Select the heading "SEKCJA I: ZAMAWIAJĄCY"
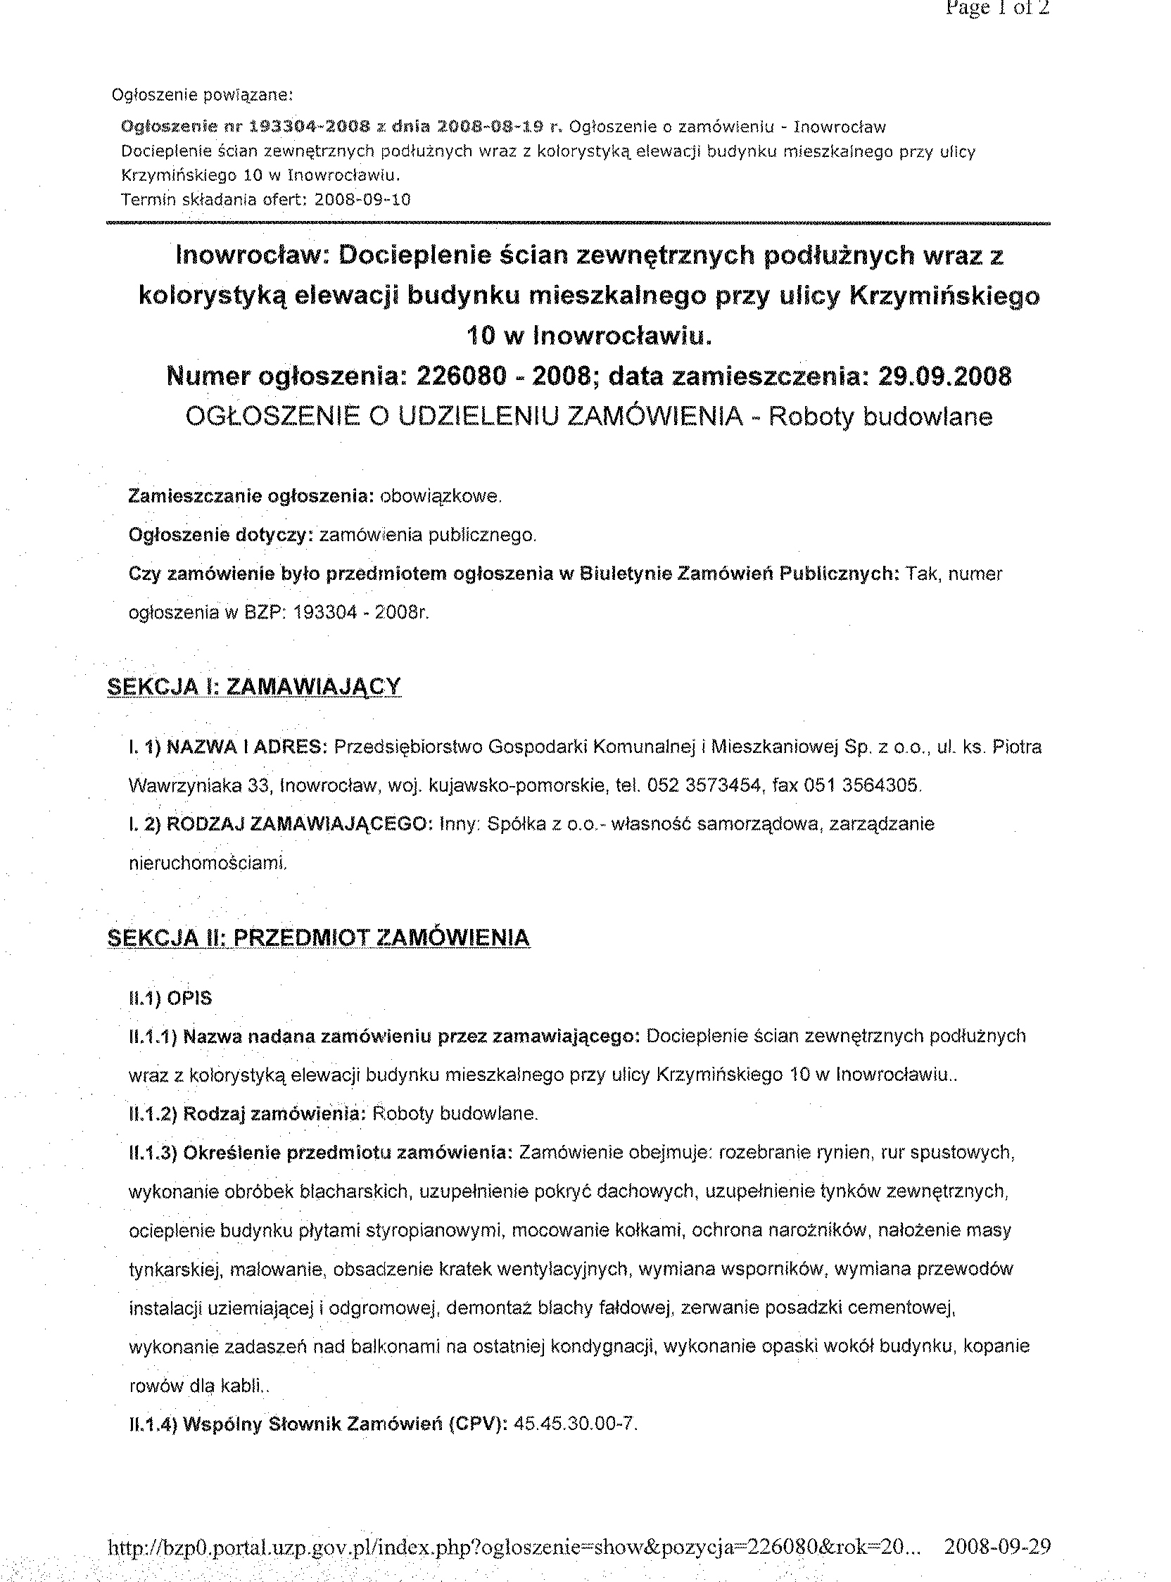tap(254, 687)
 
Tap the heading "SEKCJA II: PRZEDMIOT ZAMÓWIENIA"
tap(318, 937)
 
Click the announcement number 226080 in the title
tap(462, 376)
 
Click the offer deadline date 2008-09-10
tap(362, 200)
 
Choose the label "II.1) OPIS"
tap(170, 999)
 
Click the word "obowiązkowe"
tap(441, 497)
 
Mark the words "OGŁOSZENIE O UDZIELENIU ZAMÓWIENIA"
tap(464, 417)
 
